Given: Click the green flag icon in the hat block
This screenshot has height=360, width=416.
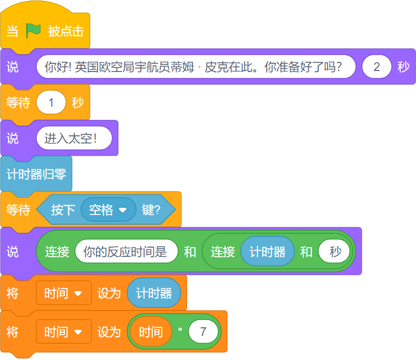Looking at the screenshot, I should pos(33,31).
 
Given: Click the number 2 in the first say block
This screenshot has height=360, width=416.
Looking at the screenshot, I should pos(377,67).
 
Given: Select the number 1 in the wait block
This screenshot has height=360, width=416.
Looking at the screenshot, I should pos(51,103).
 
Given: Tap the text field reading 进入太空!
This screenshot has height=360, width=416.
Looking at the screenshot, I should pos(74,138).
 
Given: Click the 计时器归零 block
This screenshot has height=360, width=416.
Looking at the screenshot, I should pos(36,174).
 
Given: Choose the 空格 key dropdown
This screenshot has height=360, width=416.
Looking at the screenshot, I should pos(108,210).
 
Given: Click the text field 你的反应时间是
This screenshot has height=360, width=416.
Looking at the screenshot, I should pos(126,252).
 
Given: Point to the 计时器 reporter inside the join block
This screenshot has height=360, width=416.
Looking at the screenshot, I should pos(267,252).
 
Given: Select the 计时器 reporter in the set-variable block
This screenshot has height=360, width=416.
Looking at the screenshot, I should pos(154,293).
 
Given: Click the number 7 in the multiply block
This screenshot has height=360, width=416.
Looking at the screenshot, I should pos(203,332).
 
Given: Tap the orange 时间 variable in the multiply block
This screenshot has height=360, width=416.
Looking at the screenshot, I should pos(151,332).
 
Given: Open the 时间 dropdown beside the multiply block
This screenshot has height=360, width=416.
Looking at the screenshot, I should pos(63,332).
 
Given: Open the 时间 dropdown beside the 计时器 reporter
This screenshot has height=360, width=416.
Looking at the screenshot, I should pos(63,293).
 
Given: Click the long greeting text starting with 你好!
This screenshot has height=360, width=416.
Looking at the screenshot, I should pos(196,67).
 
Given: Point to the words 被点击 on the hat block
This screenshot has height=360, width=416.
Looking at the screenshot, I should pos(66,31).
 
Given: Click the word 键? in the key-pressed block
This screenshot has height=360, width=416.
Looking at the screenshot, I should pos(151,210).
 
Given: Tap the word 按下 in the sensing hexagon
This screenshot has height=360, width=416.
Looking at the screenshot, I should pos(63,210).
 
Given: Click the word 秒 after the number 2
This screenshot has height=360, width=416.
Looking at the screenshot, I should pos(404,67).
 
